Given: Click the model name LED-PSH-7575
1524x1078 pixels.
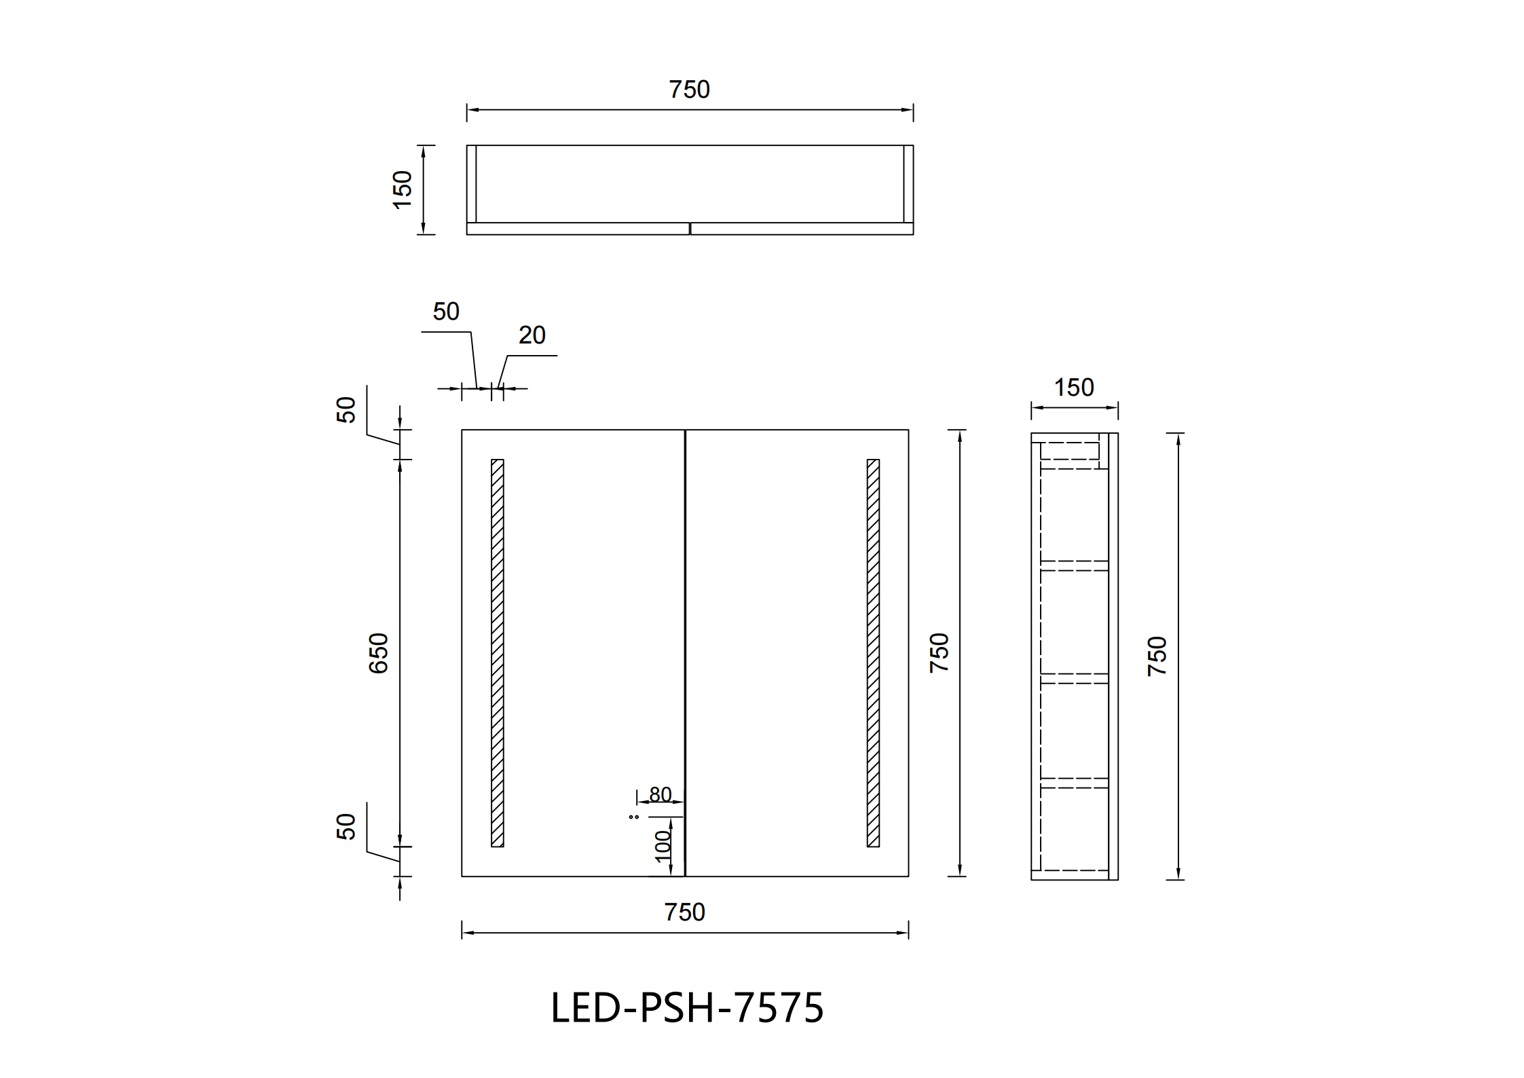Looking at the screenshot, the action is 687,1007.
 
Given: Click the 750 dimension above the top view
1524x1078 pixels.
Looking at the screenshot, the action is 689,90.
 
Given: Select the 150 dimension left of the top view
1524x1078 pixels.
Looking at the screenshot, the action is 403,189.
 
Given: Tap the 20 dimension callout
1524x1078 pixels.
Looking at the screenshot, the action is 532,335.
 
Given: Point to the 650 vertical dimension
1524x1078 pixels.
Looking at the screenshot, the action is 378,653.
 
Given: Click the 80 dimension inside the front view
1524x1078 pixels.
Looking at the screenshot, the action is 661,794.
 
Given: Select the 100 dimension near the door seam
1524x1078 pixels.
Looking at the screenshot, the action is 663,847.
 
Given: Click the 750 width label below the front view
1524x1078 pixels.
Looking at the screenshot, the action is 685,912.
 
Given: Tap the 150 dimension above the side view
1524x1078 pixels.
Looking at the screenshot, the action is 1074,388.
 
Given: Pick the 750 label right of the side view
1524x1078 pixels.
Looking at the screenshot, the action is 1157,656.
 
